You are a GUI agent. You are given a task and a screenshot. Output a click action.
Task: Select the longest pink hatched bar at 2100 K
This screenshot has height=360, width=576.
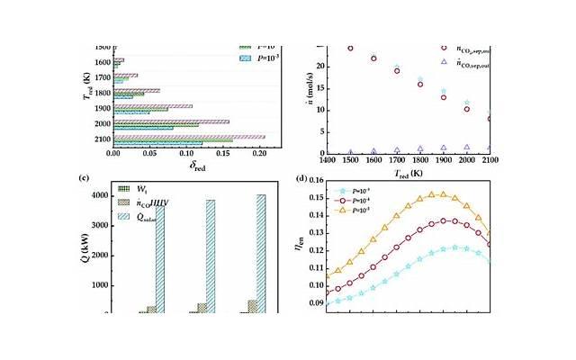189,137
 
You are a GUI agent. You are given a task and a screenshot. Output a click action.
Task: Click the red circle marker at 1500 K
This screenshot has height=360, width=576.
350,48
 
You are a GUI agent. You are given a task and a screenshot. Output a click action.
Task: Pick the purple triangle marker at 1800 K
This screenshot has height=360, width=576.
420,148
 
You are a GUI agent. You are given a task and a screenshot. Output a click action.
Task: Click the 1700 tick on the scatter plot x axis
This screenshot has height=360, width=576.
397,158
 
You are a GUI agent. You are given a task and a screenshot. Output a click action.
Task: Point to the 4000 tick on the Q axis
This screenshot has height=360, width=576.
100,193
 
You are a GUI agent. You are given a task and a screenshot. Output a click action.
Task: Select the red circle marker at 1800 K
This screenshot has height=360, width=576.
420,85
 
